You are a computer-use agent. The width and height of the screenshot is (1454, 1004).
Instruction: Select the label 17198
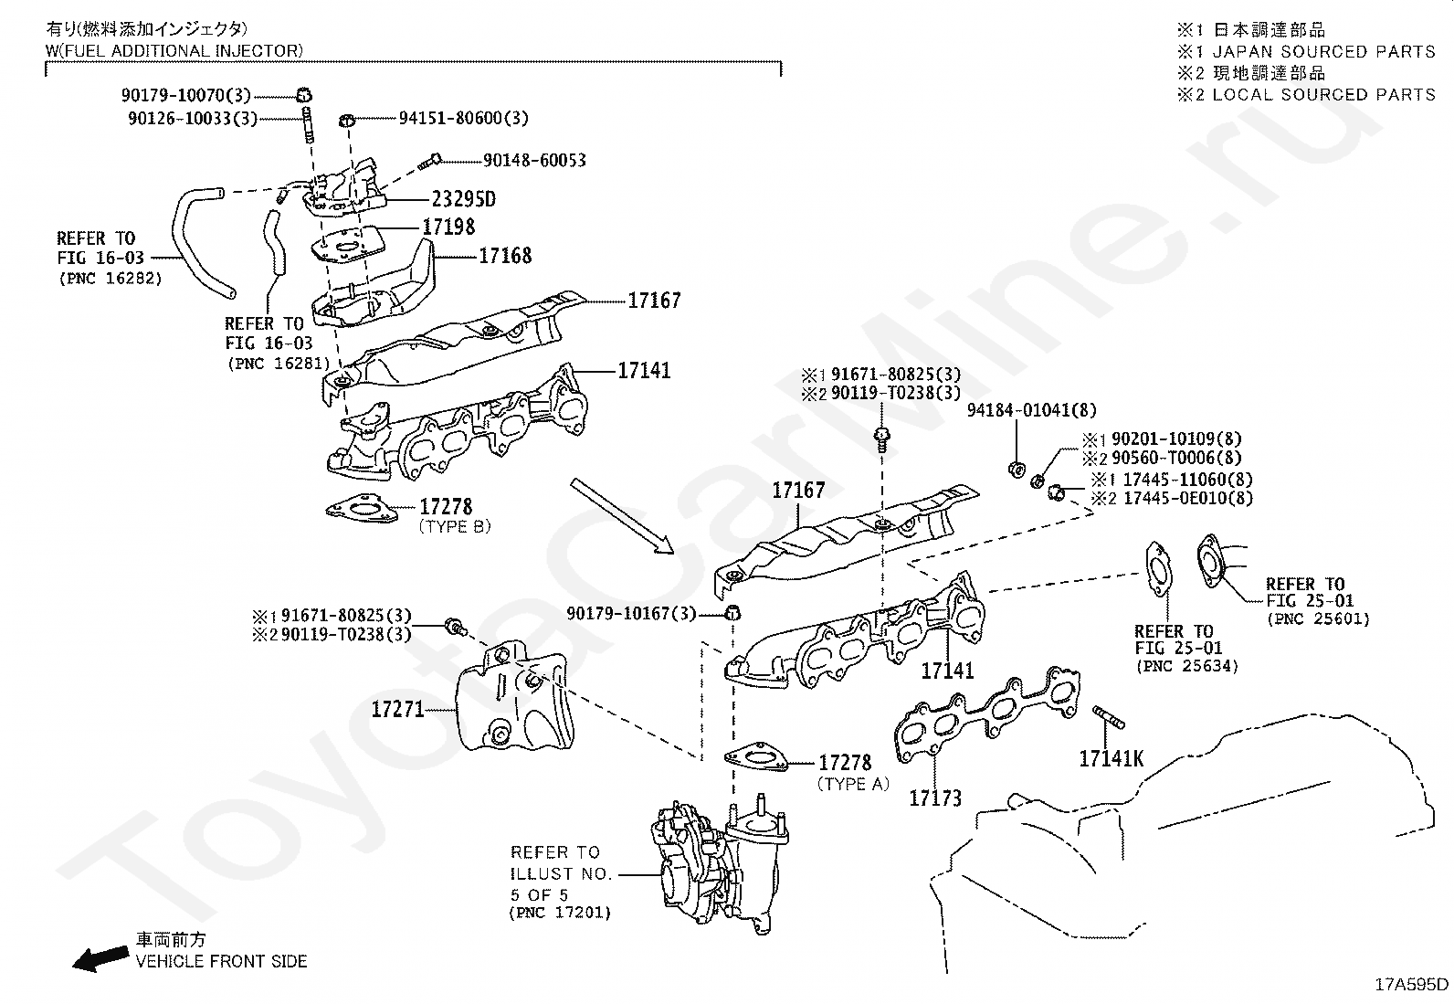coord(448,227)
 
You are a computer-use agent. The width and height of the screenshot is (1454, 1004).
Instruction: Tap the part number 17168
coord(505,256)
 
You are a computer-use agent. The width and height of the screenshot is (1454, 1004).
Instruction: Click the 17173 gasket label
coord(935,798)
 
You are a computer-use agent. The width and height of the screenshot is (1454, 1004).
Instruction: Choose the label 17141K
coord(1111,758)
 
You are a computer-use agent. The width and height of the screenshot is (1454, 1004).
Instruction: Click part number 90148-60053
coord(534,160)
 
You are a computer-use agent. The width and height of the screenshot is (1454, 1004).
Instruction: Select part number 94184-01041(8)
coord(1032,411)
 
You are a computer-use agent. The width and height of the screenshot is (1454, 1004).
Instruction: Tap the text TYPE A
coord(853,784)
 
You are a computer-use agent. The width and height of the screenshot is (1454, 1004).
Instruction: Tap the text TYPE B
coord(455,527)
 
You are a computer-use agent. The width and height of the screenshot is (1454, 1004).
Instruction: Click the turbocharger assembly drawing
coord(717,863)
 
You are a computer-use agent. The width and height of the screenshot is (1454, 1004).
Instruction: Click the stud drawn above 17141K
coord(1109,719)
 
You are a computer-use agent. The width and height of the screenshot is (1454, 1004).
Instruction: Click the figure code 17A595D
coord(1412,984)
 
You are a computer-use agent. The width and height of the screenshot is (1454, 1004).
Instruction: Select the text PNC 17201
coord(560,913)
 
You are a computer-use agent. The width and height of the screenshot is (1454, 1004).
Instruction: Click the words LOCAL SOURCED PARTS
coord(1323,94)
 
